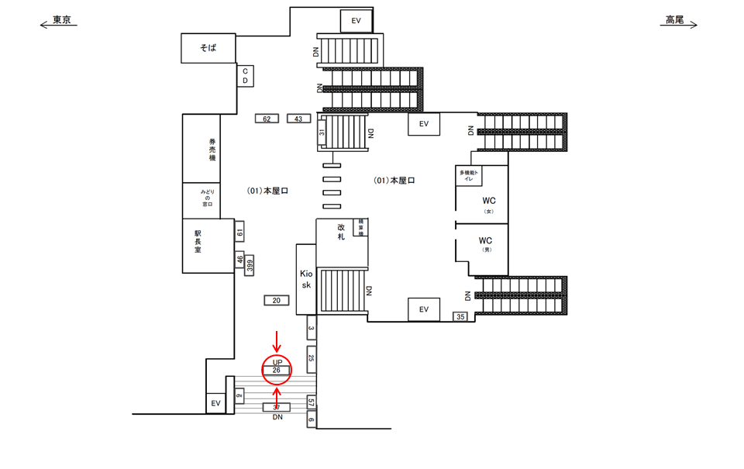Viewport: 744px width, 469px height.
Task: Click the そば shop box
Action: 208,48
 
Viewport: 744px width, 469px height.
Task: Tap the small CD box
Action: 245,76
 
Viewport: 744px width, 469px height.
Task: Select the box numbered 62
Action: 267,119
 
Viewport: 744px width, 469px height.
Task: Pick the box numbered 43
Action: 298,119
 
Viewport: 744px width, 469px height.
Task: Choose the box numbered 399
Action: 250,266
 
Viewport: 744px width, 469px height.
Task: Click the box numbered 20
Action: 276,300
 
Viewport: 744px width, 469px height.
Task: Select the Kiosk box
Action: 306,279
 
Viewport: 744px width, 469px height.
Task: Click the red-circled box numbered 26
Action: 277,371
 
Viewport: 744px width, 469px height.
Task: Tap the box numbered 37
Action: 276,407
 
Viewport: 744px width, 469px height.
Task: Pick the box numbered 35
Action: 460,316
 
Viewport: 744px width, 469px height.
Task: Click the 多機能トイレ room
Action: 470,175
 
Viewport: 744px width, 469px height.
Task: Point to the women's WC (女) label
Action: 487,203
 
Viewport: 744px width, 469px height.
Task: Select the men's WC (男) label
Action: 486,244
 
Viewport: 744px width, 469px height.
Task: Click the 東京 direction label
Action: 61,21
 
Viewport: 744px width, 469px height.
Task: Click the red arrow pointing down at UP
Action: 277,340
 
